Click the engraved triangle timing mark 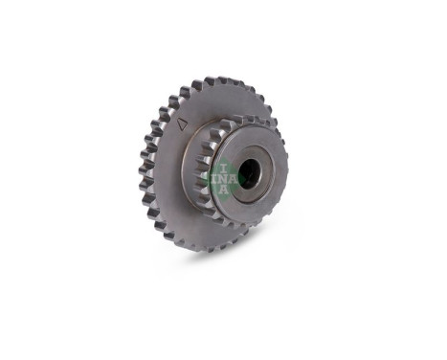[x=181, y=124]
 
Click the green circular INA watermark [x=219, y=179]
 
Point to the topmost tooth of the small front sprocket [x=235, y=120]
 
